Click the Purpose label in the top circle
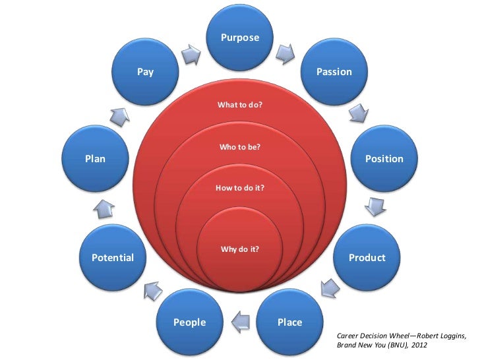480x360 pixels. [x=240, y=38]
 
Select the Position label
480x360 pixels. [x=384, y=159]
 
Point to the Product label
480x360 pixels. [x=367, y=257]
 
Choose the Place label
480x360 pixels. [x=289, y=322]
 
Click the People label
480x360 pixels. [x=190, y=322]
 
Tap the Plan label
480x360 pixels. [x=95, y=159]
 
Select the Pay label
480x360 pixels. [x=145, y=72]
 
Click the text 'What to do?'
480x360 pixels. [x=240, y=104]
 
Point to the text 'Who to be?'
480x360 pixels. [x=240, y=147]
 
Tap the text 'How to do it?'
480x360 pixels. [x=240, y=189]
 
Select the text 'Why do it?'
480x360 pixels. [x=240, y=249]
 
